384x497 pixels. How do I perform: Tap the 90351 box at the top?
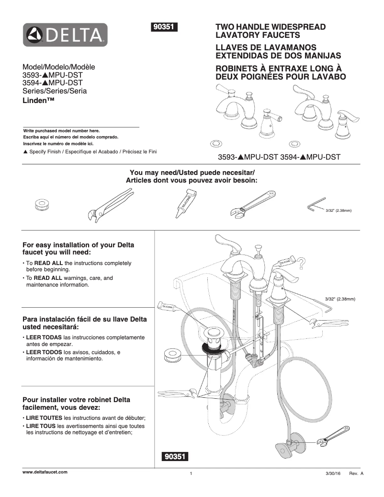point(164,27)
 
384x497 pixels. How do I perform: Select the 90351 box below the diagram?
point(176,457)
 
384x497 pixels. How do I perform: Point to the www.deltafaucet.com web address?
point(45,472)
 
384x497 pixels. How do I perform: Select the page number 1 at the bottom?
point(191,474)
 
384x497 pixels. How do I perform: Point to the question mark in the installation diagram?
point(301,263)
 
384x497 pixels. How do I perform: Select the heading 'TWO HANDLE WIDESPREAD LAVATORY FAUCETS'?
point(271,31)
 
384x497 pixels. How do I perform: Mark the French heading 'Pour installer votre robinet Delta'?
point(77,400)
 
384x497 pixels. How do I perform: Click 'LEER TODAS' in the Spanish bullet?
point(41,338)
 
